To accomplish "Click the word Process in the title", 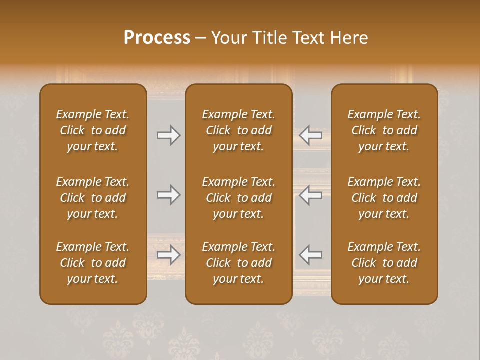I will [x=157, y=38].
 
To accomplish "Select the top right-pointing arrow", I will [x=168, y=135].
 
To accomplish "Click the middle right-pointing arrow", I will [x=168, y=195].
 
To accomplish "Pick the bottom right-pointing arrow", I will [x=168, y=255].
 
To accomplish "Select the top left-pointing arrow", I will [x=311, y=135].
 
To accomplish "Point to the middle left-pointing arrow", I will [x=311, y=195].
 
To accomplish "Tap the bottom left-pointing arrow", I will [x=311, y=255].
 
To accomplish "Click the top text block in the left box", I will [x=93, y=130].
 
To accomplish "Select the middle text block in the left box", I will [x=93, y=198].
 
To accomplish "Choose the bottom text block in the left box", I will [x=93, y=263].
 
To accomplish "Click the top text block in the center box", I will [x=239, y=130].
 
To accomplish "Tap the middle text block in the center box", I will [x=239, y=198].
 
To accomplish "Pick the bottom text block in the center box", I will [x=239, y=263].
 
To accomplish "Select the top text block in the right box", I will [x=384, y=130].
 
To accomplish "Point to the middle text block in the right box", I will [x=384, y=198].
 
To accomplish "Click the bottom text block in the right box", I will [x=384, y=263].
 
